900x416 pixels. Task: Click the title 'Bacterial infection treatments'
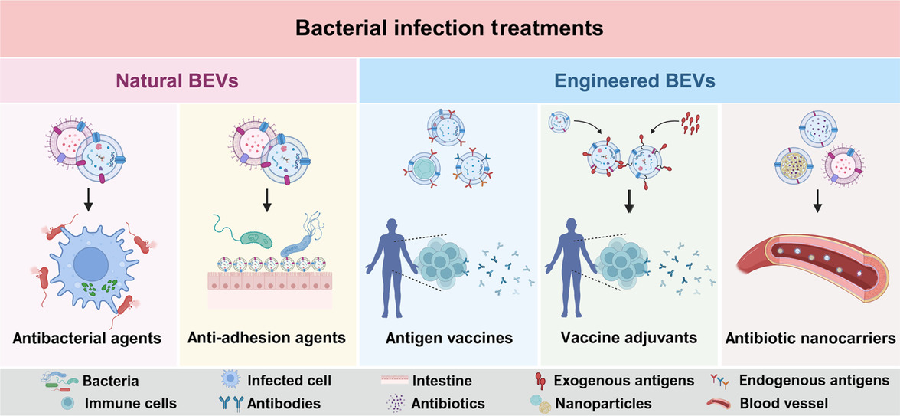pyautogui.click(x=449, y=28)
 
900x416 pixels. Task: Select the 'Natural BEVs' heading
pyautogui.click(x=179, y=80)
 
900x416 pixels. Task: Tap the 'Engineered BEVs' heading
pyautogui.click(x=628, y=80)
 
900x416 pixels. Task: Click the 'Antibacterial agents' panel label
pyautogui.click(x=86, y=338)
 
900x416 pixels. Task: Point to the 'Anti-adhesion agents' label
pyautogui.click(x=266, y=338)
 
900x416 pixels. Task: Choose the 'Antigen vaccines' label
pyautogui.click(x=449, y=338)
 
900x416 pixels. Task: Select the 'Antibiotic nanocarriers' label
pyautogui.click(x=810, y=338)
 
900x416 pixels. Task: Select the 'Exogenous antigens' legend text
pyautogui.click(x=624, y=381)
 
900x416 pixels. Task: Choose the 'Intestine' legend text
pyautogui.click(x=442, y=381)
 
